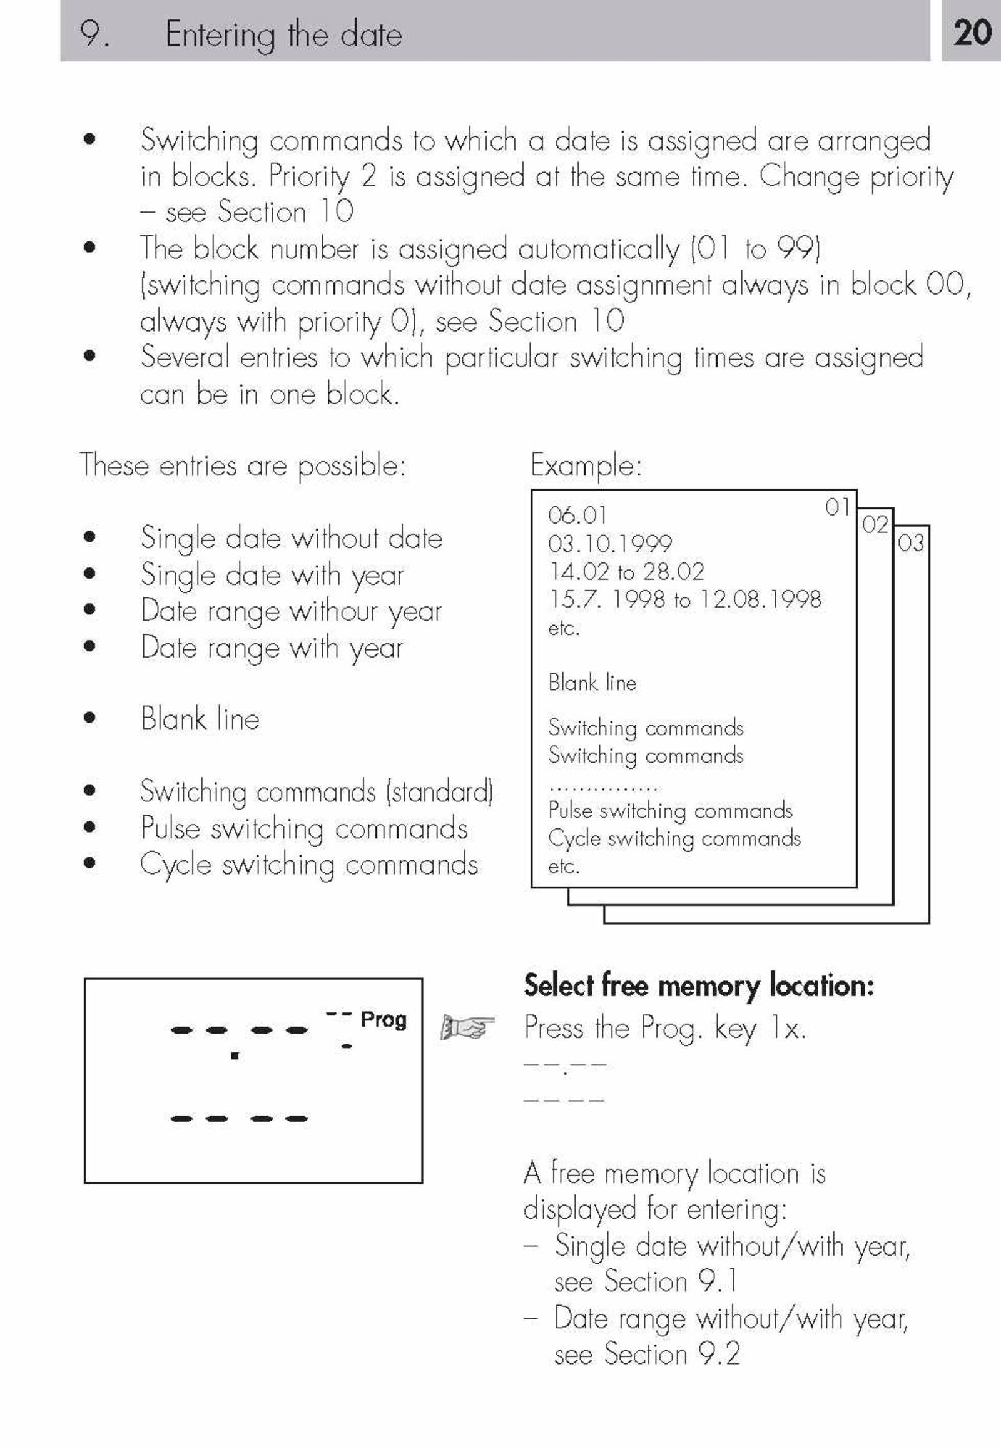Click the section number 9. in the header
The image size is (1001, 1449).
click(x=94, y=34)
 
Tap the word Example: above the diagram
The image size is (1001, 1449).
click(x=586, y=465)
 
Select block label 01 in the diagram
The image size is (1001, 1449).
click(x=837, y=506)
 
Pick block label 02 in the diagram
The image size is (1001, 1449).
click(x=875, y=524)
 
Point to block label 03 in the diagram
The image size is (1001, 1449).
click(x=911, y=542)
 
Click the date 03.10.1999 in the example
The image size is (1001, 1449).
click(x=609, y=543)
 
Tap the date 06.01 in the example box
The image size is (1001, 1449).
click(x=577, y=515)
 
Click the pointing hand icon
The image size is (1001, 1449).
click(x=467, y=1027)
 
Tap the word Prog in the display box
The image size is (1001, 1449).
click(x=384, y=1019)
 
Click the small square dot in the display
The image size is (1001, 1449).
click(x=235, y=1055)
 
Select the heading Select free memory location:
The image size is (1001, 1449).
click(x=698, y=985)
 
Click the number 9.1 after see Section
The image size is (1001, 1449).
click(x=718, y=1281)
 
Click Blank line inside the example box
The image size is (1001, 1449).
click(x=592, y=682)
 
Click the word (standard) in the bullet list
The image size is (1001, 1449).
click(x=440, y=791)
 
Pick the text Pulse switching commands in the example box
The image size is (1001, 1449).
click(x=670, y=810)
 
